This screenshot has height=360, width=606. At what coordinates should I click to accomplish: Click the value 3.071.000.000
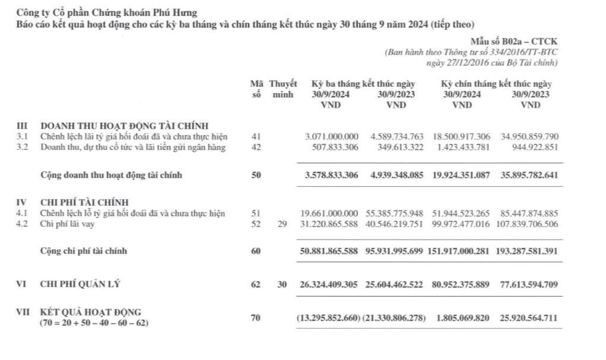331,137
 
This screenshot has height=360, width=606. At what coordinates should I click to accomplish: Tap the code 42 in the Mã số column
256,148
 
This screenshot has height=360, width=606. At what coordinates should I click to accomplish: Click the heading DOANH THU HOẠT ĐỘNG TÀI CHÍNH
125,126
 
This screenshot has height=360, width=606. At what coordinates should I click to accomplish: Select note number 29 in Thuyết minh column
282,224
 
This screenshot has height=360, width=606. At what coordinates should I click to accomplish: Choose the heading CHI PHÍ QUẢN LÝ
80,284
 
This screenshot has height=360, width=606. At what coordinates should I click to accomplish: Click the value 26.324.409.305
329,285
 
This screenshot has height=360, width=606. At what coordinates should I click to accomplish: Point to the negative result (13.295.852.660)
328,318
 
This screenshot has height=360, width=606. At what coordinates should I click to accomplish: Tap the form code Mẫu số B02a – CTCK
514,42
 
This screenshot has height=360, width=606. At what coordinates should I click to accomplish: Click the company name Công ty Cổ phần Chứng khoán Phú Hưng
107,12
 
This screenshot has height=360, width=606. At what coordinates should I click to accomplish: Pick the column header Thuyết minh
283,89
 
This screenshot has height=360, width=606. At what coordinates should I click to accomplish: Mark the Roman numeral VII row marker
23,313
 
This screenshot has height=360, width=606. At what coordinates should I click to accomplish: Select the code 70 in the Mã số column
256,318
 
